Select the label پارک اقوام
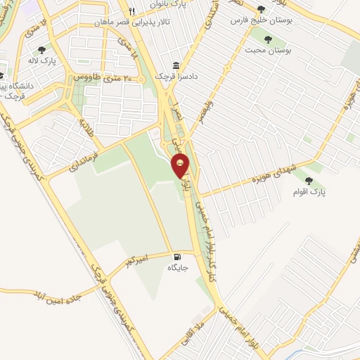coord(321,191)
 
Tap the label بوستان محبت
coord(268,51)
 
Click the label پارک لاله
coord(42,61)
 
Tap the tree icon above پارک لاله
coord(41,50)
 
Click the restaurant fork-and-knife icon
coord(131,11)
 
